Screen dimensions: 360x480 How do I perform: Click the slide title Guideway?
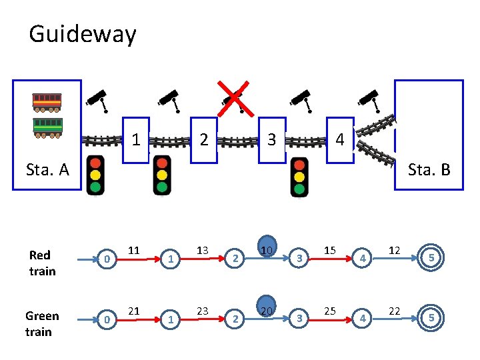83,34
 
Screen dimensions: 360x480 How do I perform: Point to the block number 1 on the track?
135,140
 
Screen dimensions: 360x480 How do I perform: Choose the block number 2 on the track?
205,140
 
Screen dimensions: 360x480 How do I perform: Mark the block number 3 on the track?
271,140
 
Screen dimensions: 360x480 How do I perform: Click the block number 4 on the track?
340,140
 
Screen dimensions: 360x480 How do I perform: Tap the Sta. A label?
47,169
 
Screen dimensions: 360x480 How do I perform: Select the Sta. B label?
429,169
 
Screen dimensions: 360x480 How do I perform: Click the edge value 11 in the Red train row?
134,251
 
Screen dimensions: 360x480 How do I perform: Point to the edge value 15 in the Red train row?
329,251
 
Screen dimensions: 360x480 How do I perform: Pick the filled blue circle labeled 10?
267,249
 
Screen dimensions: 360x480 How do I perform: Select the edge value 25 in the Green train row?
329,311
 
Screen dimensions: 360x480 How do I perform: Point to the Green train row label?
42,323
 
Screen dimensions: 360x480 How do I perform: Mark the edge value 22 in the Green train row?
394,311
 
